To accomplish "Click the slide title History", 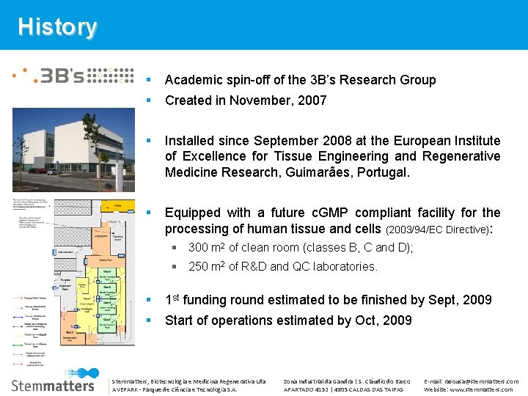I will (57, 26).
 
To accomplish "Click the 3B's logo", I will (73, 76).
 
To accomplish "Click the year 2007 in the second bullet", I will (311, 100).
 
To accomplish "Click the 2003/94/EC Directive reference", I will (435, 230).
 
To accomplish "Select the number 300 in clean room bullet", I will (199, 248).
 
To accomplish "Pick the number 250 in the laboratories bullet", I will (199, 267).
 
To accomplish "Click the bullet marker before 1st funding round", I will (149, 300).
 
